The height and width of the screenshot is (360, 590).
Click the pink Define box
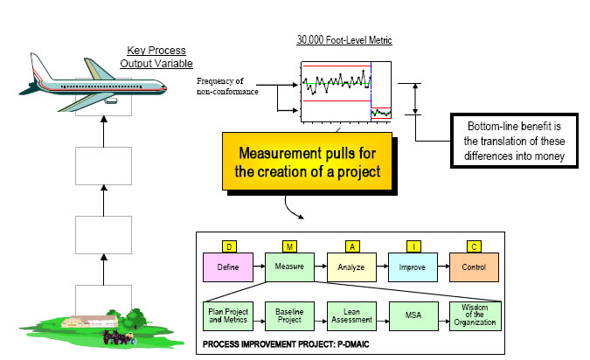tap(226, 266)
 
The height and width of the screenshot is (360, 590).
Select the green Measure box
tap(288, 266)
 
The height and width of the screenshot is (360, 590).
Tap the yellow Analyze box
tap(351, 266)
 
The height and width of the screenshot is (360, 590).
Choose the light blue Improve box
tap(413, 266)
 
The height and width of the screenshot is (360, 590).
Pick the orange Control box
tap(475, 266)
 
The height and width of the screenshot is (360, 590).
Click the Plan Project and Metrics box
tap(226, 315)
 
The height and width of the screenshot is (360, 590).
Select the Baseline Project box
tap(288, 315)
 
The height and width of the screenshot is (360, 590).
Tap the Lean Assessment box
tap(351, 315)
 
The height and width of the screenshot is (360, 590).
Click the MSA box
tap(413, 315)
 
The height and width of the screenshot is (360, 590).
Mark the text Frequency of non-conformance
tap(231, 87)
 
